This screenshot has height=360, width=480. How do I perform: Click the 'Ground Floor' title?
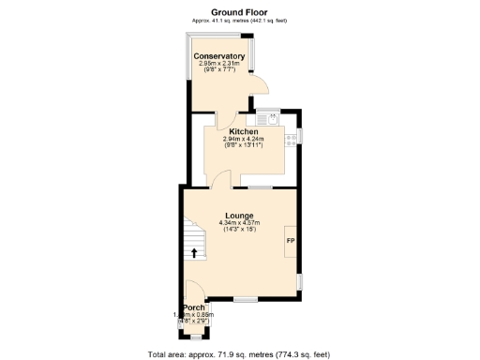pyautogui.click(x=238, y=11)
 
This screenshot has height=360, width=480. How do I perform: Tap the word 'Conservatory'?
pyautogui.click(x=219, y=56)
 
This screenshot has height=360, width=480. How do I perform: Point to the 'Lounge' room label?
pyautogui.click(x=238, y=216)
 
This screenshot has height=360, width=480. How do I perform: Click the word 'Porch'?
pyautogui.click(x=194, y=307)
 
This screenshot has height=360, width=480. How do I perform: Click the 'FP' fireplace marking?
pyautogui.click(x=290, y=241)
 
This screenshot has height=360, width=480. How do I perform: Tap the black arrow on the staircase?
pyautogui.click(x=194, y=251)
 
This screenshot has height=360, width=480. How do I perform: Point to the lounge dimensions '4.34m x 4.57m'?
pyautogui.click(x=238, y=223)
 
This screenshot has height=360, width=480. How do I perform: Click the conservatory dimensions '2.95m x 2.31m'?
pyautogui.click(x=219, y=63)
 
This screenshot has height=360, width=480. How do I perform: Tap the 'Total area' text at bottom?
pyautogui.click(x=238, y=353)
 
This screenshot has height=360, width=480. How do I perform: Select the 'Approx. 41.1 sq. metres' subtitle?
pyautogui.click(x=238, y=20)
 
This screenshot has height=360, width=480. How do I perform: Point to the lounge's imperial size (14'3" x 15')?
pyautogui.click(x=238, y=230)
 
